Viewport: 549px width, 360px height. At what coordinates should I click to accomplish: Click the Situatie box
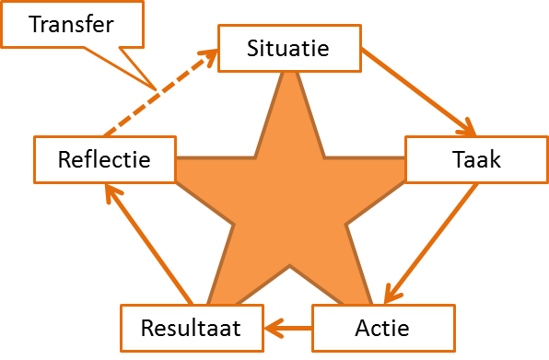pyautogui.click(x=288, y=48)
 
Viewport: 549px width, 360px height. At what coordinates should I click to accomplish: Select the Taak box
pyautogui.click(x=476, y=160)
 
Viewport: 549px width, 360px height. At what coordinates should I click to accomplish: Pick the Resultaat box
pyautogui.click(x=192, y=328)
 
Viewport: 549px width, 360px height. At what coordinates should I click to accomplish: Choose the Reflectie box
pyautogui.click(x=104, y=160)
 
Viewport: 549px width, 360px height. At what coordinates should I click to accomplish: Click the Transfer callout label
pyautogui.click(x=72, y=23)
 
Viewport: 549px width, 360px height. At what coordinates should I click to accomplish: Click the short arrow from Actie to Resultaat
pyautogui.click(x=289, y=327)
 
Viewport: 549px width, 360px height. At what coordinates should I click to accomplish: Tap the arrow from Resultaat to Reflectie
pyautogui.click(x=147, y=242)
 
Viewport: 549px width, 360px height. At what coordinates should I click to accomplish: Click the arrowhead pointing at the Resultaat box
pyautogui.click(x=269, y=327)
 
